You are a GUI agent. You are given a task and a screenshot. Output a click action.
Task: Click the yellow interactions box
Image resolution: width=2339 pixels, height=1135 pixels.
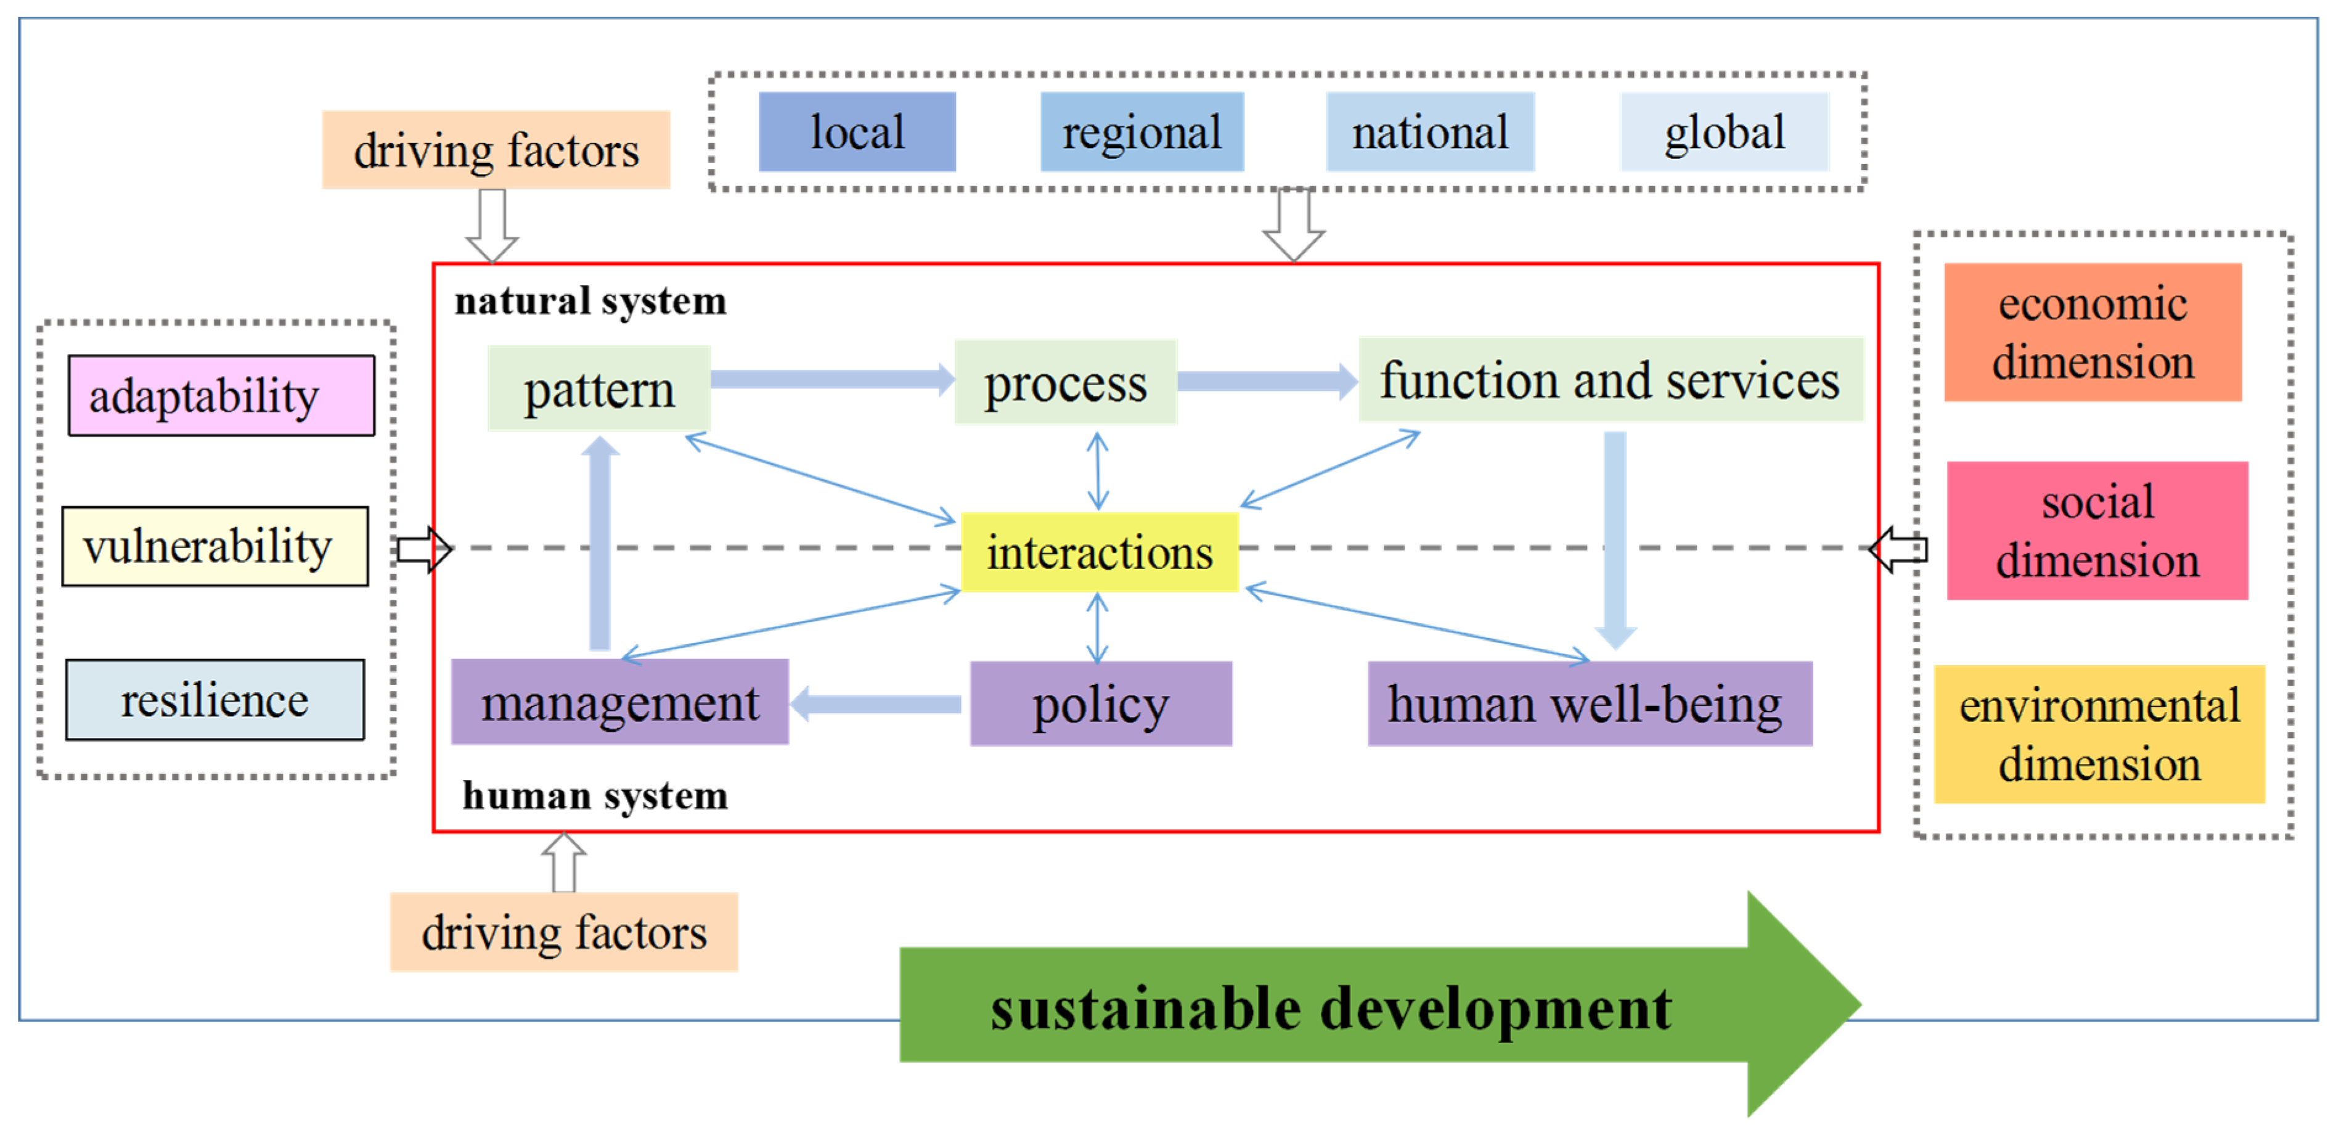click(1099, 552)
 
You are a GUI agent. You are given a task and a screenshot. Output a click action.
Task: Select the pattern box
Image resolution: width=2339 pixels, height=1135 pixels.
click(599, 388)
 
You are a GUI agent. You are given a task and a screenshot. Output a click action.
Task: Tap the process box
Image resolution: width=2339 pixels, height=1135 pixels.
click(1065, 382)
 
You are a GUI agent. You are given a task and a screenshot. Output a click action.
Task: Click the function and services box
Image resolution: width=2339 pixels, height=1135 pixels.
click(1610, 380)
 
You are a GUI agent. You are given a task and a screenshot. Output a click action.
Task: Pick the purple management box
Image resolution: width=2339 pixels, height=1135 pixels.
click(620, 702)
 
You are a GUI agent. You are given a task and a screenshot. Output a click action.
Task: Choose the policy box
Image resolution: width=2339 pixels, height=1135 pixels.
click(1101, 703)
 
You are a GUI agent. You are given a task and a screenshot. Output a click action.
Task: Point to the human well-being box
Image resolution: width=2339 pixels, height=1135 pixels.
click(1589, 703)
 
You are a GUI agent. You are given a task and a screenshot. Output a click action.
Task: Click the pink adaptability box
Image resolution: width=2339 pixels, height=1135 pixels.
click(221, 396)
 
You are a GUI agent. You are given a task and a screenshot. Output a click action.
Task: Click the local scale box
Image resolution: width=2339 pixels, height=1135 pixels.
click(857, 132)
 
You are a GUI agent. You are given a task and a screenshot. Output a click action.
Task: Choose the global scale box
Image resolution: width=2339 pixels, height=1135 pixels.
click(1723, 132)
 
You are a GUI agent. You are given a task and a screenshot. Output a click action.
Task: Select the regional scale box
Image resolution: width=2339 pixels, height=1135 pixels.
click(1141, 132)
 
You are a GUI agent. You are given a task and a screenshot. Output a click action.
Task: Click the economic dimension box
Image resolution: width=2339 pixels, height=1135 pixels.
click(2092, 332)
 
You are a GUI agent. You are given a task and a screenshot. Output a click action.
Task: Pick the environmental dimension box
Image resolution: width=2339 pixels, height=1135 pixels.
click(2099, 734)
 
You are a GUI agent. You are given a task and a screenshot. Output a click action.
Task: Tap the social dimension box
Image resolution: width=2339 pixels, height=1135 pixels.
click(2097, 531)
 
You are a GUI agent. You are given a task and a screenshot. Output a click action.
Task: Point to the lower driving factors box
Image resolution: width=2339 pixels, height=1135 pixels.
click(564, 933)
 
